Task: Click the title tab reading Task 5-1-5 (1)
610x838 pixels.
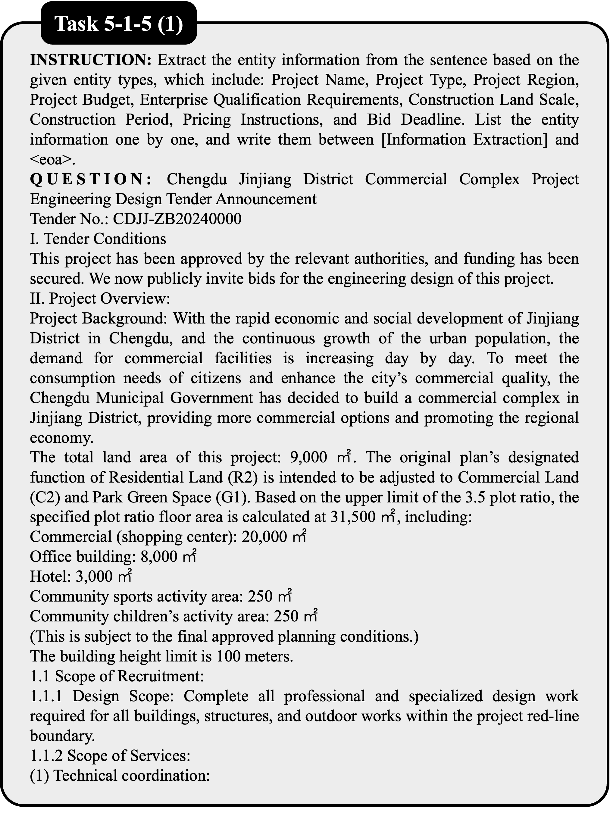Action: pos(119,25)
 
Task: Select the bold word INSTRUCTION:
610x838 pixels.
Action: pos(90,60)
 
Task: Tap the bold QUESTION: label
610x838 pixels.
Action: pos(90,180)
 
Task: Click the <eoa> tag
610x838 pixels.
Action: pos(52,160)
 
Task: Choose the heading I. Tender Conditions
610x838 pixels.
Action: pos(98,239)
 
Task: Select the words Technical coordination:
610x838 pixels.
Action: pos(132,776)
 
